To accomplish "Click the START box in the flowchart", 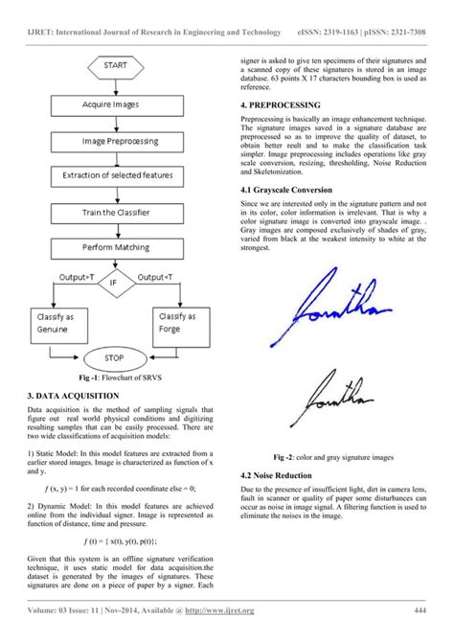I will pyautogui.click(x=117, y=68).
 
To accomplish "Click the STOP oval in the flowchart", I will pyautogui.click(x=117, y=358).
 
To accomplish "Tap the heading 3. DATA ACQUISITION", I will pyautogui.click(x=73, y=394).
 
